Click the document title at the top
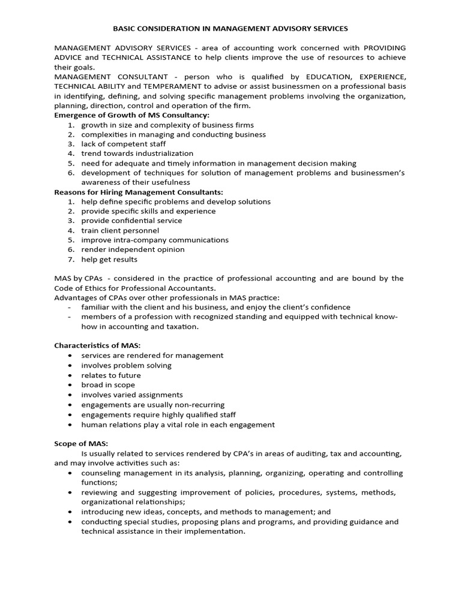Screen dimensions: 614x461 point(230,28)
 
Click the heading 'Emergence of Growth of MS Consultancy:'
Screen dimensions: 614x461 point(132,115)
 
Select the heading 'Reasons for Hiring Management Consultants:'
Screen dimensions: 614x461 point(139,192)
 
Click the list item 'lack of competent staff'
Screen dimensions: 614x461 point(124,144)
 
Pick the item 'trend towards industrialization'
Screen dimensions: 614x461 point(137,153)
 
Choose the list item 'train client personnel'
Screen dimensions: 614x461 point(120,230)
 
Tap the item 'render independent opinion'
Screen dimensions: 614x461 point(133,249)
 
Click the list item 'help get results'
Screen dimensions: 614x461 point(109,259)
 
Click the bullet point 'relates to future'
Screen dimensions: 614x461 point(111,375)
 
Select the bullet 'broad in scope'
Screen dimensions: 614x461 point(108,385)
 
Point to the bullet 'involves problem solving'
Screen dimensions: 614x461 point(126,365)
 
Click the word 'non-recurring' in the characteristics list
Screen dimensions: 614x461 point(199,405)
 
